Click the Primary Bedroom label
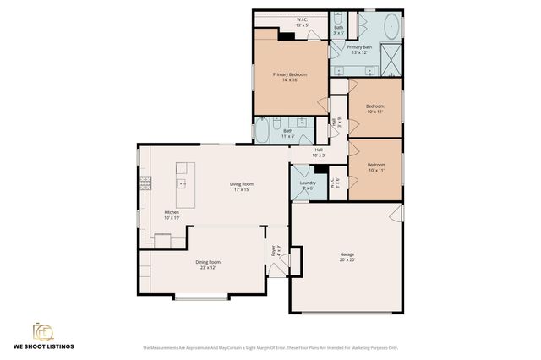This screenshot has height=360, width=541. tap(289, 78)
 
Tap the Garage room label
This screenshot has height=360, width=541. tap(347, 257)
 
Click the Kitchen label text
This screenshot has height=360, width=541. tap(172, 215)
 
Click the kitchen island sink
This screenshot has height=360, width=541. tap(181, 183)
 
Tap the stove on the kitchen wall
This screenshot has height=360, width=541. tap(145, 182)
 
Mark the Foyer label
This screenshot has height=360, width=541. tap(274, 250)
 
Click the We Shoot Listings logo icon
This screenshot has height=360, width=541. tap(42, 331)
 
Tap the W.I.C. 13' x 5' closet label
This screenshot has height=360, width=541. tap(302, 22)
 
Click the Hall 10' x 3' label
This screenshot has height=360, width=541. tap(319, 153)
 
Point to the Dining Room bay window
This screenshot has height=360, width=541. tap(200, 297)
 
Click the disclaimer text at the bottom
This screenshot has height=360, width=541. tap(270, 347)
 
